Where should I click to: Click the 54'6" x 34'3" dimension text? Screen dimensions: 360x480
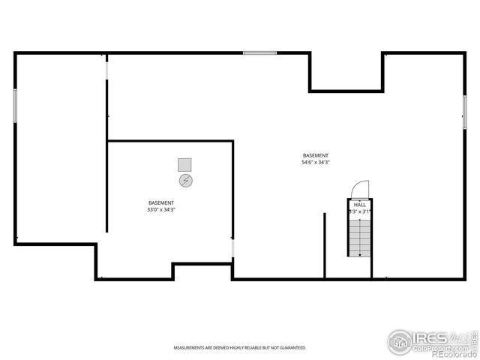point(316,162)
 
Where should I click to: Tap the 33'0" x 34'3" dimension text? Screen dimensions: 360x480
point(161,210)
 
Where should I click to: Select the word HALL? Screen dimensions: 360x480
point(360,204)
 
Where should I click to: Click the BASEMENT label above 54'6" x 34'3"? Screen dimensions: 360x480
point(316,155)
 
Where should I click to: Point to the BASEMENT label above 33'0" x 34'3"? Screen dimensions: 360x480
point(161,203)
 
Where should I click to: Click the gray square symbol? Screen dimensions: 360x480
point(184,164)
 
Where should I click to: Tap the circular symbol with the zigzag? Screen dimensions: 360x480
point(185,181)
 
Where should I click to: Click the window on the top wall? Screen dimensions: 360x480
point(259,52)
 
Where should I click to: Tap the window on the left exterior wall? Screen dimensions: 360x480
point(14,105)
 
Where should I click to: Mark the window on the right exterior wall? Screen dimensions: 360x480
point(464,111)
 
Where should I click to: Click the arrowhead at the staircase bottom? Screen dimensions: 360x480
point(360,255)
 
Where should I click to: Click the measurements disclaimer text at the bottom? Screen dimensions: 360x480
point(240,348)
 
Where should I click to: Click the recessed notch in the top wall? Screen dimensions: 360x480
point(346,72)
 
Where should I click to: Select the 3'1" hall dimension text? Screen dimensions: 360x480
point(366,211)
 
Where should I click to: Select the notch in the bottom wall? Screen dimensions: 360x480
point(202,271)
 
